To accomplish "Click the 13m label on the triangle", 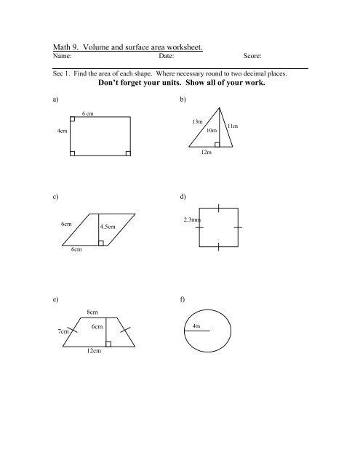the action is (197, 121).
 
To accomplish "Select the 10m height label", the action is (212, 130).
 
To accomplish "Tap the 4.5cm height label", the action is (108, 227).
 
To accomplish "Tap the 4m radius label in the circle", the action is (196, 325).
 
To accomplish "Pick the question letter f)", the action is (182, 299).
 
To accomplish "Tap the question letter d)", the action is (182, 197).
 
